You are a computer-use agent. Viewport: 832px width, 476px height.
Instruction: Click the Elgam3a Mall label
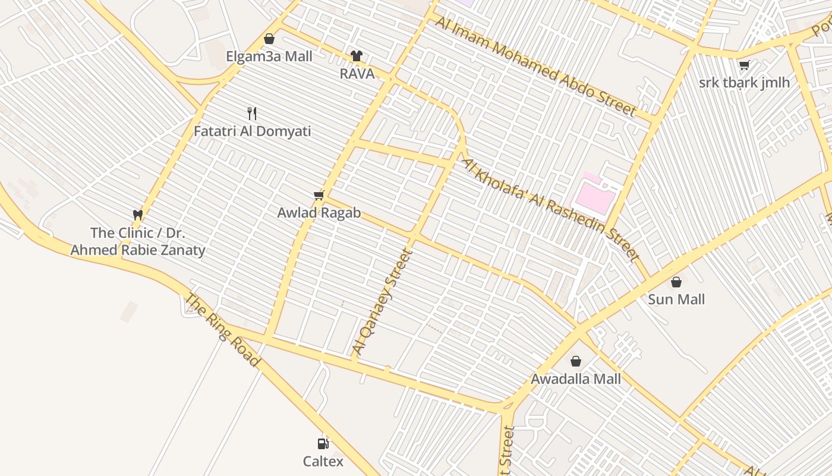point(269,57)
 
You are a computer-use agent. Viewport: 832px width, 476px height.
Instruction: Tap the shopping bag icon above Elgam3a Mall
point(269,39)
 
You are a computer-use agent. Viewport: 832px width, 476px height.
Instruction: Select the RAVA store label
point(357,74)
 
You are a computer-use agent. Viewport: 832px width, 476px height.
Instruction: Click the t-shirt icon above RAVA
point(357,56)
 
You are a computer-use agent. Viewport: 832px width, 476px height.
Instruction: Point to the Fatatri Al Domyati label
point(252,131)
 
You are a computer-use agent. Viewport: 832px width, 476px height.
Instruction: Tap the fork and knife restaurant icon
point(252,113)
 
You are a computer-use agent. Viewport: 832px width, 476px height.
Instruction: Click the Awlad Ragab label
point(319,212)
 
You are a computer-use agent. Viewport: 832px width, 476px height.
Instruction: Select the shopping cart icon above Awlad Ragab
point(319,195)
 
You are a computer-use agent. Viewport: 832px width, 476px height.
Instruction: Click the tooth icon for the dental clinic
point(138,215)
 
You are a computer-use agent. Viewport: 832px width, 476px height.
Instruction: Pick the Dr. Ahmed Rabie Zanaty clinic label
point(138,241)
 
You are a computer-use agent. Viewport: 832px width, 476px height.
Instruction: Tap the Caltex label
point(323,461)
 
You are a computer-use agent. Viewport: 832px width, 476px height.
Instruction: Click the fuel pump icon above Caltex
point(323,443)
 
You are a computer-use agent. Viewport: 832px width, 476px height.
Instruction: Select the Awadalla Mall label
point(575,379)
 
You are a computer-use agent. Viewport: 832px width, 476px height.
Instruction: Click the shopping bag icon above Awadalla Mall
point(575,361)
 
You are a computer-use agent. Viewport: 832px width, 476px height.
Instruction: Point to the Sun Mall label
point(676,299)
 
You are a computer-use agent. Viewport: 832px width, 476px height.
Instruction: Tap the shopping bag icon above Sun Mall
point(676,282)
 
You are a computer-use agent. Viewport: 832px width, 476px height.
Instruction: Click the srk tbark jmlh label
point(744,83)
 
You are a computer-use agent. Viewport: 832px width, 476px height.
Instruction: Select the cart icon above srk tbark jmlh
point(744,65)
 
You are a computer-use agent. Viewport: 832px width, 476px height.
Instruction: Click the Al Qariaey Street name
point(382,301)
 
